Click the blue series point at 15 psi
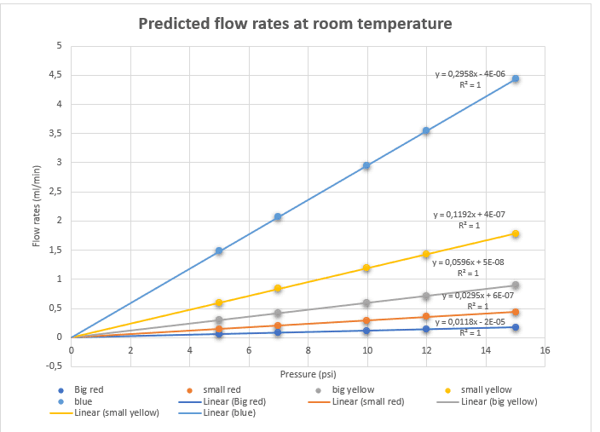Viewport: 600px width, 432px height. pos(515,78)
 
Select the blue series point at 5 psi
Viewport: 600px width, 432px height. pos(219,251)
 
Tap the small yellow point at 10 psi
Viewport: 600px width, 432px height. pos(366,268)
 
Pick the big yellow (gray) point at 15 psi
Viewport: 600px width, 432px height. pos(515,285)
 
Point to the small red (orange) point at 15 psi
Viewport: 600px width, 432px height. pos(515,312)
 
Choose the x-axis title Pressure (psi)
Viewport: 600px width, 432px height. pos(309,373)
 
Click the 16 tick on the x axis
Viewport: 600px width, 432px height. pos(545,350)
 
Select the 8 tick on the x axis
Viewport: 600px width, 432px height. pos(308,350)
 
